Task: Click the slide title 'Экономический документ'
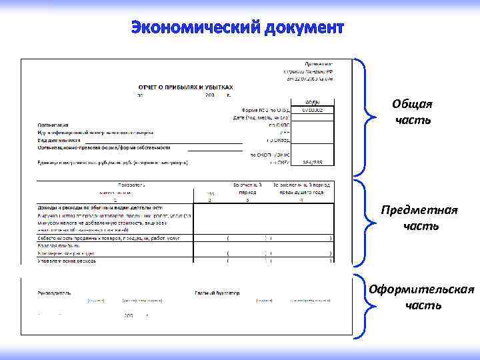pos(237,28)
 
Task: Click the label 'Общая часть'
pos(412,112)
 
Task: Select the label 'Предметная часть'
pos(419,218)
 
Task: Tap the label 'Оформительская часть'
pos(422,297)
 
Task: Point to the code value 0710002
pos(313,109)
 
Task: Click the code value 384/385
pos(313,161)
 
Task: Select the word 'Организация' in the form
pos(53,124)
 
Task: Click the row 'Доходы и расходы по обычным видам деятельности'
pos(99,207)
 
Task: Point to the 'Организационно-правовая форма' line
pos(103,148)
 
